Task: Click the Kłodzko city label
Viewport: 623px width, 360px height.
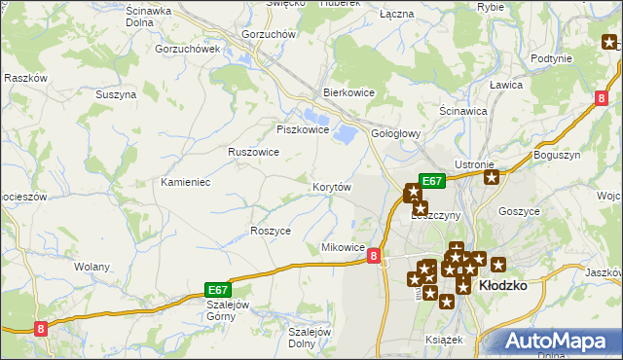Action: (503, 285)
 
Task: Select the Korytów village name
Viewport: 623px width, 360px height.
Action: (331, 186)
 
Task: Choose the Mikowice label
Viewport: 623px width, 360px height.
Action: (343, 248)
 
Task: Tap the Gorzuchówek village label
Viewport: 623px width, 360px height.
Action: (188, 48)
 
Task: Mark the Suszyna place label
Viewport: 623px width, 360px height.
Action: (115, 94)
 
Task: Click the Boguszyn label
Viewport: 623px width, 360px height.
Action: (557, 155)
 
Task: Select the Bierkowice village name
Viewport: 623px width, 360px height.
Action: (349, 94)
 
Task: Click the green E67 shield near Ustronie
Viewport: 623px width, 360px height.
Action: (432, 180)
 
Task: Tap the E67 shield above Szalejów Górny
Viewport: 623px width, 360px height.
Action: (218, 289)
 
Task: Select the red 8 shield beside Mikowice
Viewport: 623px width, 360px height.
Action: (375, 255)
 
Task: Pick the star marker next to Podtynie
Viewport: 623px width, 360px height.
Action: (609, 42)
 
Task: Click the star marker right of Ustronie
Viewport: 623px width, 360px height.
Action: (492, 177)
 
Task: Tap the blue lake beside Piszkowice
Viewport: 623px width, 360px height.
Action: (345, 131)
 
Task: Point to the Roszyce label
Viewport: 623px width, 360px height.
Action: (271, 231)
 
